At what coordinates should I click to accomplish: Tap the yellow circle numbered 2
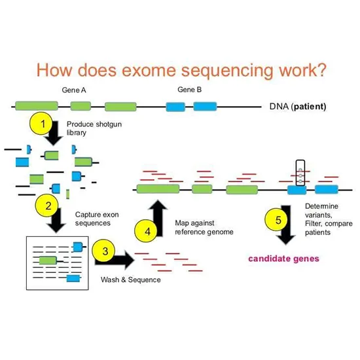[x=47, y=206]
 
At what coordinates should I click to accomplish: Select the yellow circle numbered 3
[x=103, y=249]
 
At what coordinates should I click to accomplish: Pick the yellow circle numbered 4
[x=147, y=230]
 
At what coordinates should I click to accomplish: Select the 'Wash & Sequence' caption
[x=130, y=279]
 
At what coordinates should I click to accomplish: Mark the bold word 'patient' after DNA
[x=309, y=106]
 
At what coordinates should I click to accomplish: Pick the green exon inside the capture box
[x=48, y=261]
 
